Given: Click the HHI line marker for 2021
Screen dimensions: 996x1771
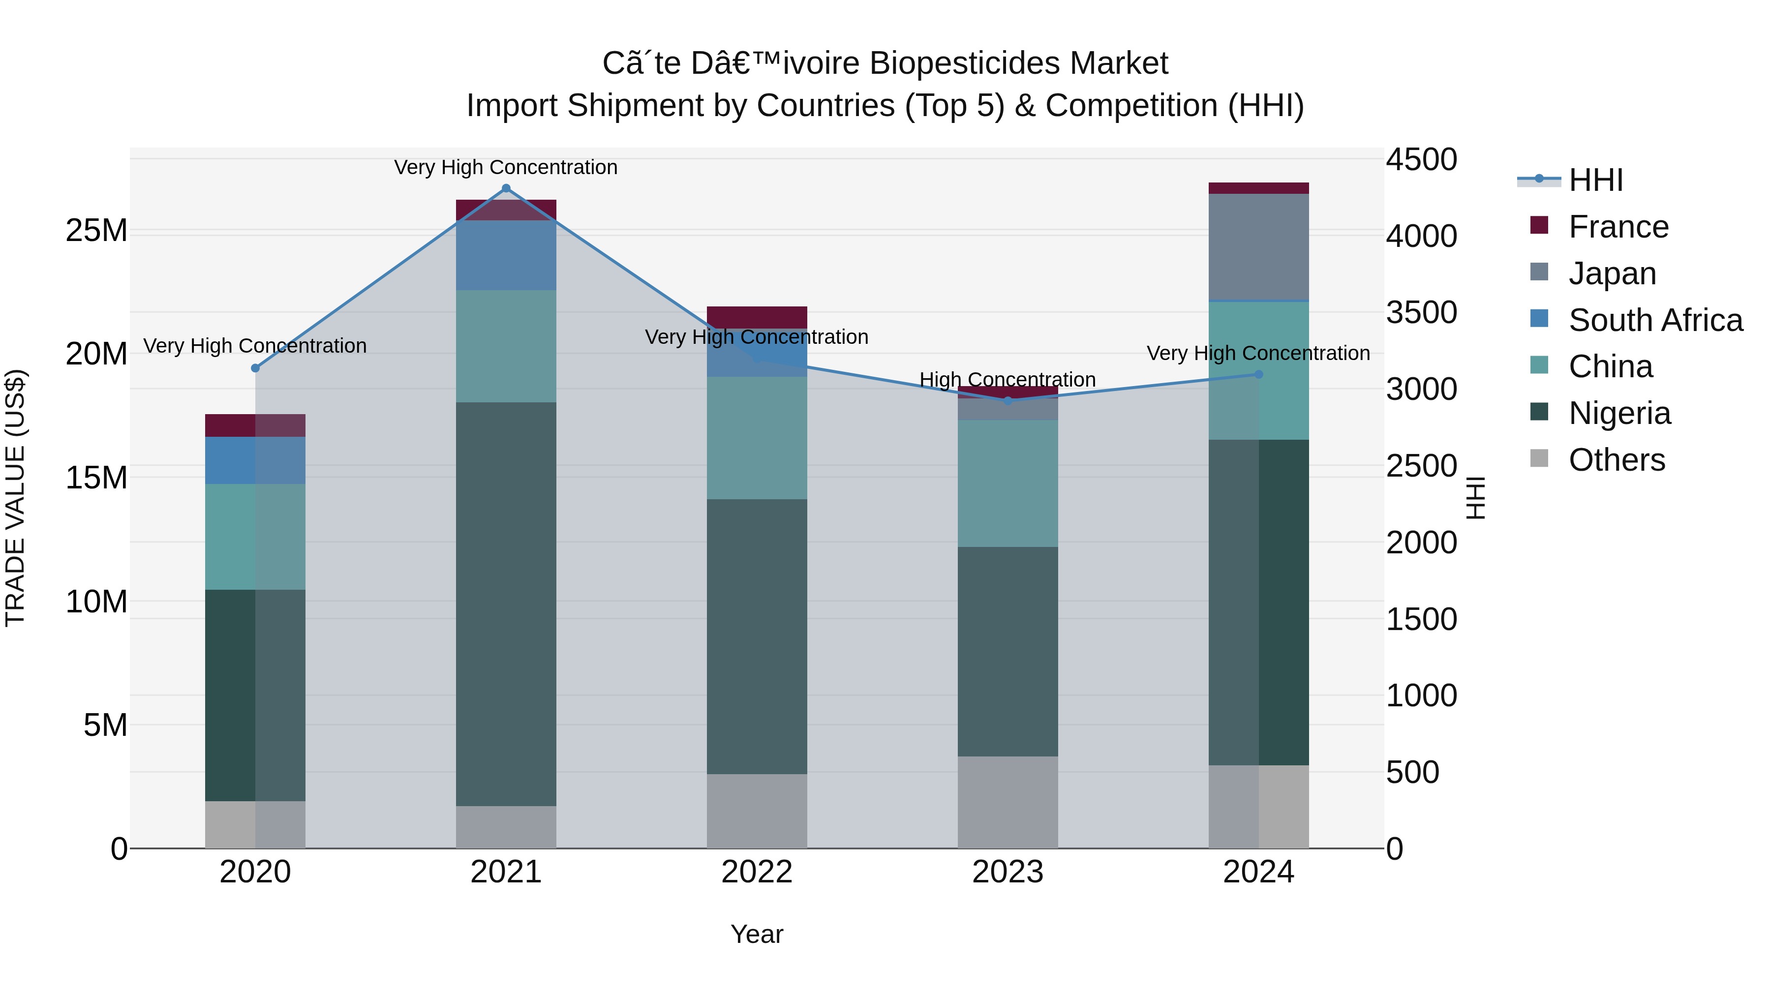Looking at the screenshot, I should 506,188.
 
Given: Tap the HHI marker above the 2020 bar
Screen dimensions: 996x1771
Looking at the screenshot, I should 255,368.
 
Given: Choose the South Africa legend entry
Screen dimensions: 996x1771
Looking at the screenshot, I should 1655,320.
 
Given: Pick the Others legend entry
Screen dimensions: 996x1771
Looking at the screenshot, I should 1617,460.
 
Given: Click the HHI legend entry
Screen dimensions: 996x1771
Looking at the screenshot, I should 1595,180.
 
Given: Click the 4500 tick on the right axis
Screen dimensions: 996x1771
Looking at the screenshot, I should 1420,159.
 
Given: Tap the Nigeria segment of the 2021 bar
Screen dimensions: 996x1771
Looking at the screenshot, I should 506,605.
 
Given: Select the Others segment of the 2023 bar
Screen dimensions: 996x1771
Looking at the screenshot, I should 1008,802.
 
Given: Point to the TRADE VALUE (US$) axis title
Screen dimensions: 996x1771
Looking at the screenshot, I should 15,498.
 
